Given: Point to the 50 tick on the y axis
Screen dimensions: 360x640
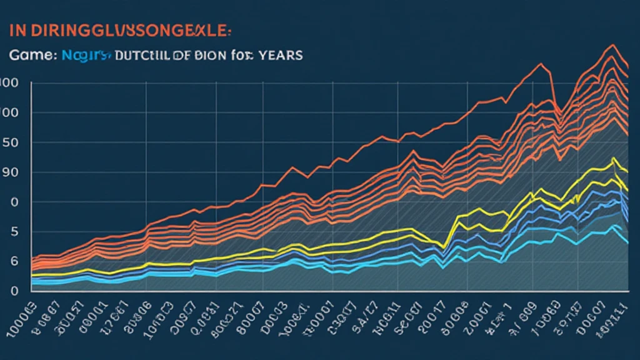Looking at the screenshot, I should tap(8, 142).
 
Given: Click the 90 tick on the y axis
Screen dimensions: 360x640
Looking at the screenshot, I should tap(8, 172).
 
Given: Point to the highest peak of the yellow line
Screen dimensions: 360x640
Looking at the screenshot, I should tap(612, 158).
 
